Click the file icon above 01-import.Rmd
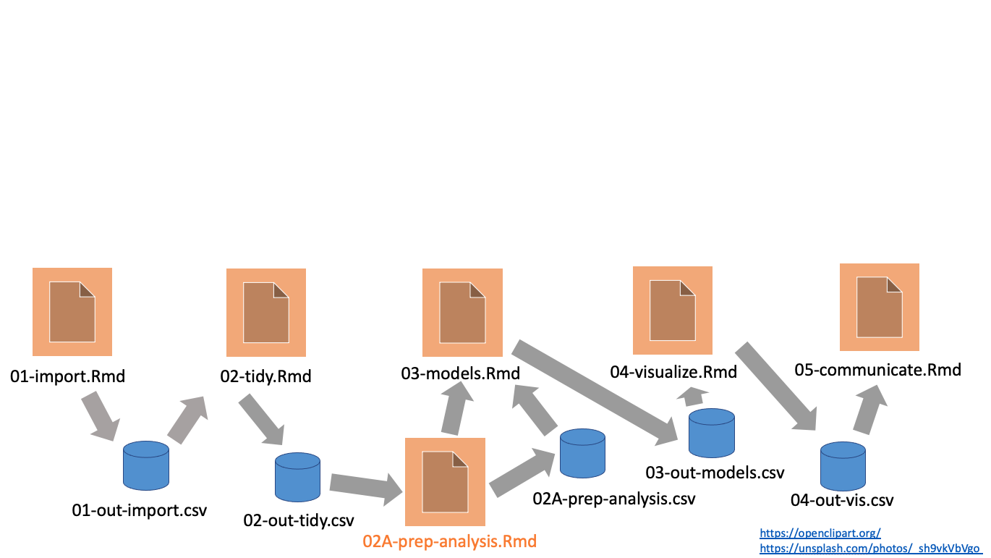tap(72, 311)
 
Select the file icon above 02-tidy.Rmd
tap(266, 313)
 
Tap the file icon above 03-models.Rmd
tap(463, 313)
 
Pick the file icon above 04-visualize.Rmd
tap(673, 310)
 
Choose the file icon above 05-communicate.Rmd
tap(879, 308)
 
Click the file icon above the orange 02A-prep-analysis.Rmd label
tap(445, 481)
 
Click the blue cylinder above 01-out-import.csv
tap(146, 465)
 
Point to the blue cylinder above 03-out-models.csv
tap(711, 433)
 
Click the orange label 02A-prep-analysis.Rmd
tap(450, 541)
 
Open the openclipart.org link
tap(820, 533)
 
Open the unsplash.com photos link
tap(869, 549)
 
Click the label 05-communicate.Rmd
tap(878, 370)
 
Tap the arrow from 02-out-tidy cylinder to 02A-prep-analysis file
tap(365, 487)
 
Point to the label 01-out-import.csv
tap(140, 510)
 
